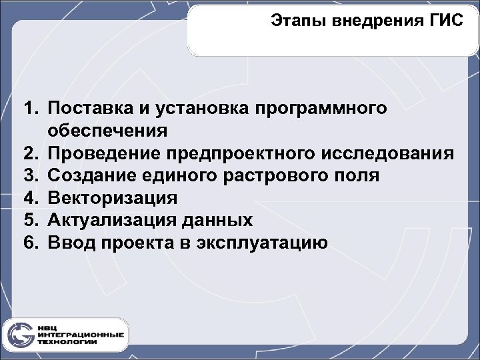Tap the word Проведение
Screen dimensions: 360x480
98,153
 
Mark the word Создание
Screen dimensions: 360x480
87,176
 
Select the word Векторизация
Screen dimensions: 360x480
113,198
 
